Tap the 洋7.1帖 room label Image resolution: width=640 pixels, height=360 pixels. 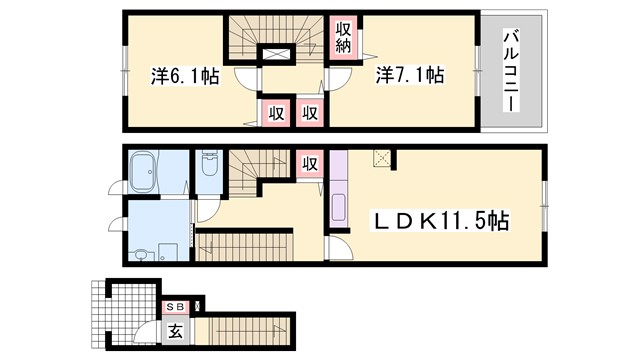point(409,75)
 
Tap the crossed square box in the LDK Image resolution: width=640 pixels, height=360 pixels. point(381,158)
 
